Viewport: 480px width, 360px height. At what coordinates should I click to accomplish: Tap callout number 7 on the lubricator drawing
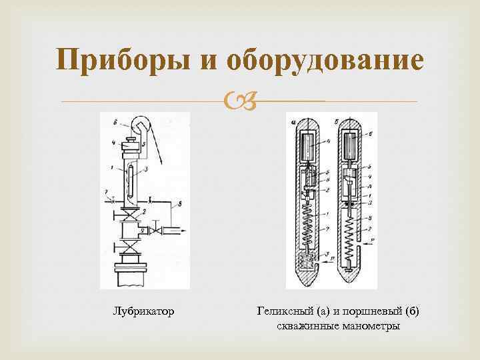click(x=105, y=191)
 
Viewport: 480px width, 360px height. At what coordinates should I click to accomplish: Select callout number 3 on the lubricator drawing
click(x=145, y=171)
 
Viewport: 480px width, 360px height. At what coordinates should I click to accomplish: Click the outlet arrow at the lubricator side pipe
click(x=179, y=231)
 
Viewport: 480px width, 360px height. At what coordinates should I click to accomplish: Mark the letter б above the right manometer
click(x=338, y=121)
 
